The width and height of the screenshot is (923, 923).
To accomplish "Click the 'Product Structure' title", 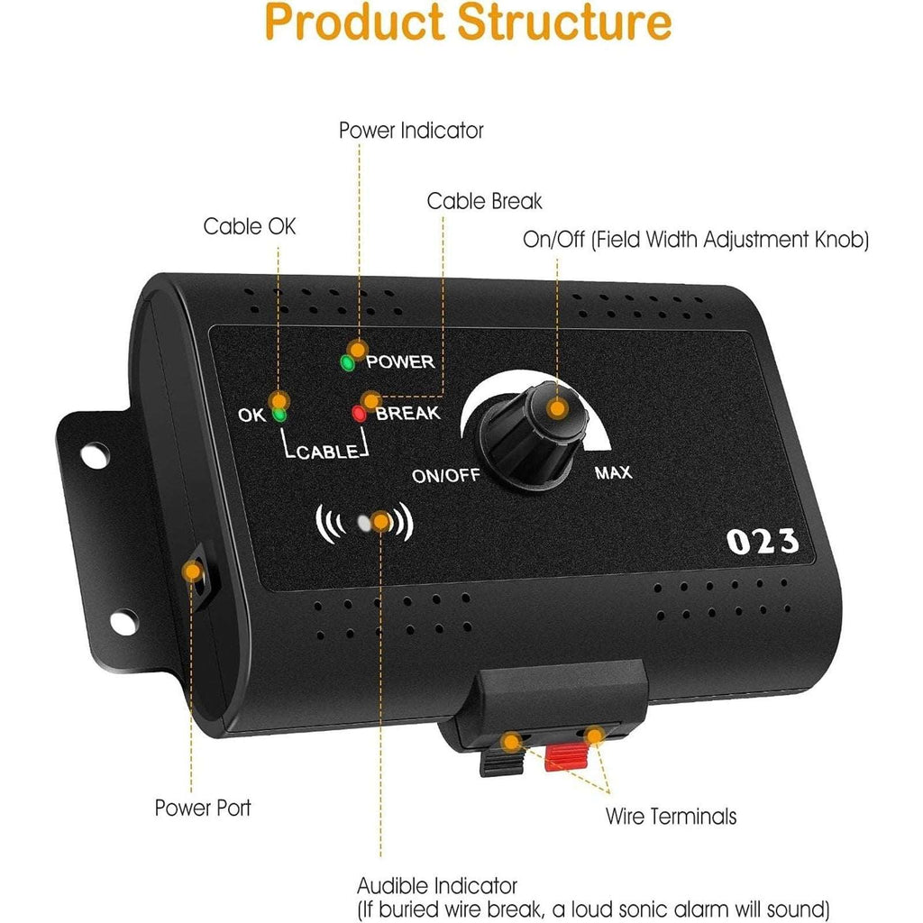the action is (x=468, y=23).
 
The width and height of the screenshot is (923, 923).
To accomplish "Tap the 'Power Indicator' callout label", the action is (x=411, y=130).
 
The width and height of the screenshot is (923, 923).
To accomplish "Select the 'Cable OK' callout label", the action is (x=249, y=226).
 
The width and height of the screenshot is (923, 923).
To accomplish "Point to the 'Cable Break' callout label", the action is (x=484, y=201).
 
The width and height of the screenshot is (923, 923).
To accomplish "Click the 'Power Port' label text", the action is (x=203, y=808).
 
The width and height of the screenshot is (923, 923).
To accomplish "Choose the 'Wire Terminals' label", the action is (x=671, y=817).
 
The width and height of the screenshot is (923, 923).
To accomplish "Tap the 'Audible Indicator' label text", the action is (x=437, y=885).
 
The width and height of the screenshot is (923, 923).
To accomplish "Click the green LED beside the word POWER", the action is (x=347, y=363).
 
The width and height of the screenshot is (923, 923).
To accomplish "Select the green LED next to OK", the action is (x=279, y=415).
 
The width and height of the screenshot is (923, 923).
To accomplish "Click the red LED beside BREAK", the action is (x=359, y=413).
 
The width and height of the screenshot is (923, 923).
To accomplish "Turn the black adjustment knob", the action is (x=534, y=434).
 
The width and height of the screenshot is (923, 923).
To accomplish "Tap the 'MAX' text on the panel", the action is (x=613, y=472).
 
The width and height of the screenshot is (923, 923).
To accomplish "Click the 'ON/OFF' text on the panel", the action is (x=445, y=475).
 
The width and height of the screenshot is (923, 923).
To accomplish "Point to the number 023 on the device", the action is (x=763, y=542).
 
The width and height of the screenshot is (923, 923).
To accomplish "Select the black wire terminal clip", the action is (x=502, y=762).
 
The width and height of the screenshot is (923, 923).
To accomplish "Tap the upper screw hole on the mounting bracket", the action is (x=95, y=455).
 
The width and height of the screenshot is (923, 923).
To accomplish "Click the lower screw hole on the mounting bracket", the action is (x=124, y=622).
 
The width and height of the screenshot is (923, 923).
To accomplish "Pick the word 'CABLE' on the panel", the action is (x=327, y=452).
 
